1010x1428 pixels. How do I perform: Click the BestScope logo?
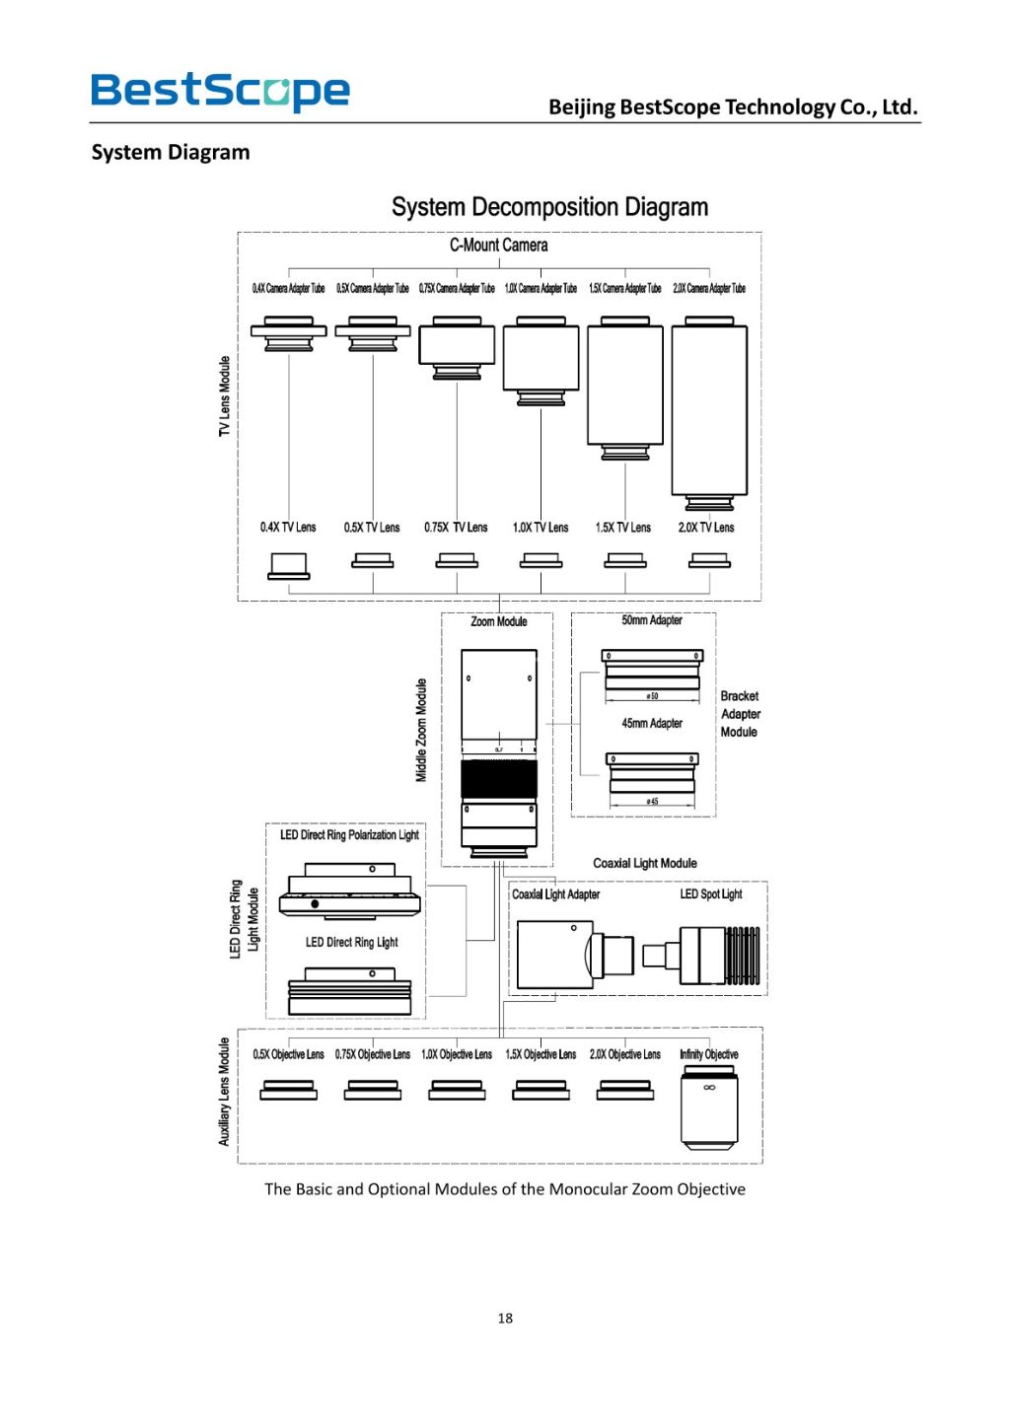coord(220,91)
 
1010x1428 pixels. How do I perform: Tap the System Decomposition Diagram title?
coord(549,207)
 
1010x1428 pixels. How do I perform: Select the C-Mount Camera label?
coord(498,245)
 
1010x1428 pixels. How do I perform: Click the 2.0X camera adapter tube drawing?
coord(709,412)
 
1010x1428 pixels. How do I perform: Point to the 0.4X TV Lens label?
coord(288,528)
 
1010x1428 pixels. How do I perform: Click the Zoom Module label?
coord(498,621)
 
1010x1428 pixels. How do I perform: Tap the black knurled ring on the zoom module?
coord(499,779)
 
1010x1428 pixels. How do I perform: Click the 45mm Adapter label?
coord(652,723)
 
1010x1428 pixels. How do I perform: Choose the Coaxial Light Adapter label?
coord(555,894)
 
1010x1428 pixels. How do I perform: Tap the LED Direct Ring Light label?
coord(351,942)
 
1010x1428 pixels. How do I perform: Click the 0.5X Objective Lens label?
coord(288,1054)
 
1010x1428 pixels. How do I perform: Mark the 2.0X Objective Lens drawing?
coord(625,1091)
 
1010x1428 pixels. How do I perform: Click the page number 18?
coord(505,1318)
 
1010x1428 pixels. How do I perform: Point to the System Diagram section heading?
coord(171,152)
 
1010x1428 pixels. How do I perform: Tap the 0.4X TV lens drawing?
coord(289,566)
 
